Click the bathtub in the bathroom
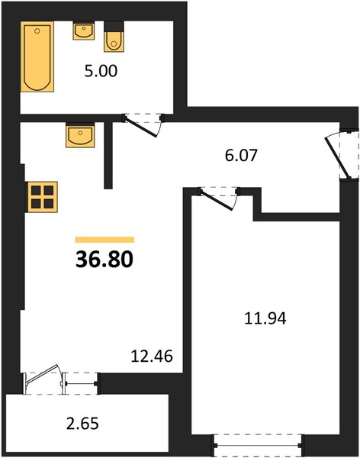coord(37,56)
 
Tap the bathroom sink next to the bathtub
coord(84,31)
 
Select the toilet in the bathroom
coord(114,37)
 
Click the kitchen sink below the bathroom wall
coord(80,135)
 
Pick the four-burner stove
coord(43,197)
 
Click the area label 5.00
coord(101,71)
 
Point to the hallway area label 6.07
coord(241,155)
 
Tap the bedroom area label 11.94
coord(265,318)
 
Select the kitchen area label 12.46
coord(152,356)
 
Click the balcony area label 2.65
coord(82,424)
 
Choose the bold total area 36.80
coord(104,260)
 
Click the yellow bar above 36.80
coord(104,240)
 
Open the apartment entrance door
coord(340,154)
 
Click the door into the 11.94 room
coord(218,198)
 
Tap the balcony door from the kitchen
coord(43,379)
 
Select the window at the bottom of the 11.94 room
coord(258,446)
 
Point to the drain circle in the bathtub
coord(37,31)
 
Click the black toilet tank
coord(114,26)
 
